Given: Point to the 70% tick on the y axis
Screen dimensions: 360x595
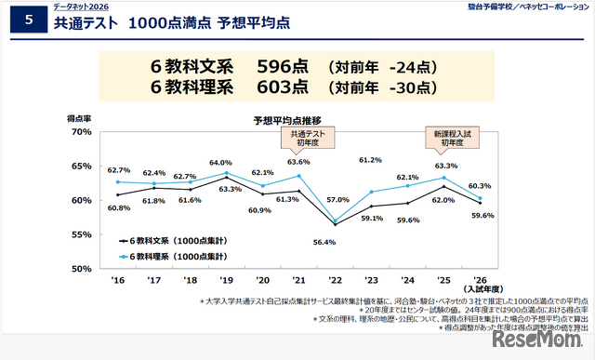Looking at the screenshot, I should tap(81, 132).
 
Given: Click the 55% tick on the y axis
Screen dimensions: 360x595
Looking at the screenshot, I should tap(81, 235).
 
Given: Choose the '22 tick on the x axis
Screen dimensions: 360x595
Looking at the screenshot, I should tap(336, 280).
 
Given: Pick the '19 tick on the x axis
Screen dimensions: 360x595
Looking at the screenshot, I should tap(226, 280).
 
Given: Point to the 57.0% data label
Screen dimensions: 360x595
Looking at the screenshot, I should tap(337, 200).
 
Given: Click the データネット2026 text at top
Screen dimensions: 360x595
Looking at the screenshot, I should tap(80, 7).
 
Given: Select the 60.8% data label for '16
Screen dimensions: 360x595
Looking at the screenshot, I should tap(118, 208).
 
